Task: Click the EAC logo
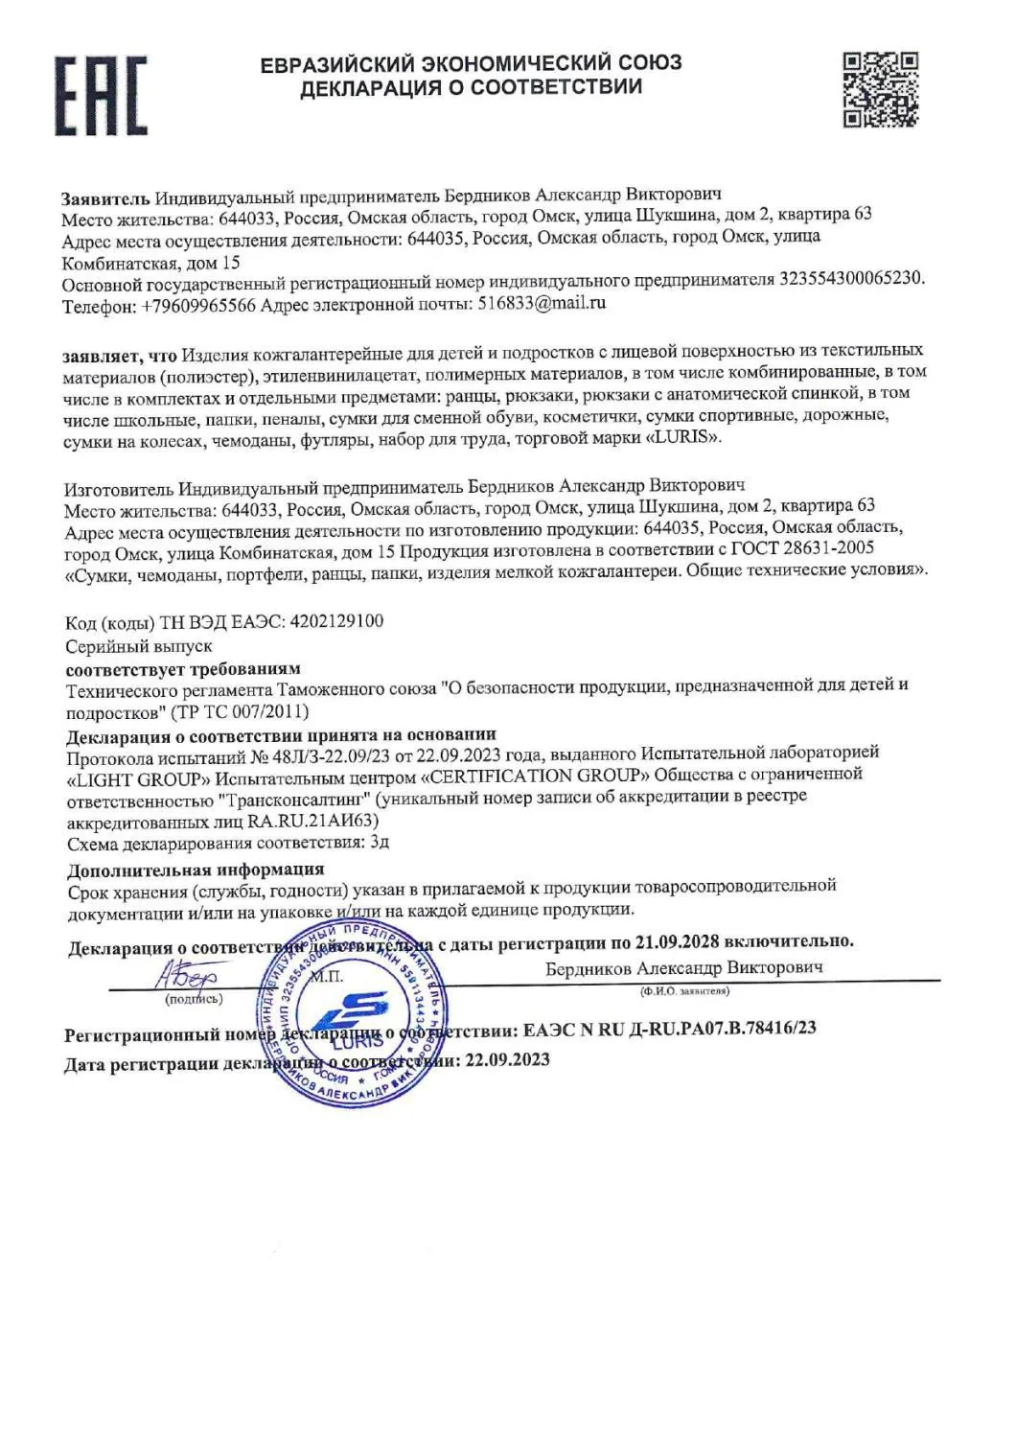[x=100, y=95]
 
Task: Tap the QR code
[x=880, y=90]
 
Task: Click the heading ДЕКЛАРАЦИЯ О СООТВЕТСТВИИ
[x=471, y=88]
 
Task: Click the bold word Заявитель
[x=105, y=198]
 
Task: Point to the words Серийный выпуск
[x=139, y=646]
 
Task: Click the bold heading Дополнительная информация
[x=196, y=870]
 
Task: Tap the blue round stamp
[x=356, y=1010]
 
